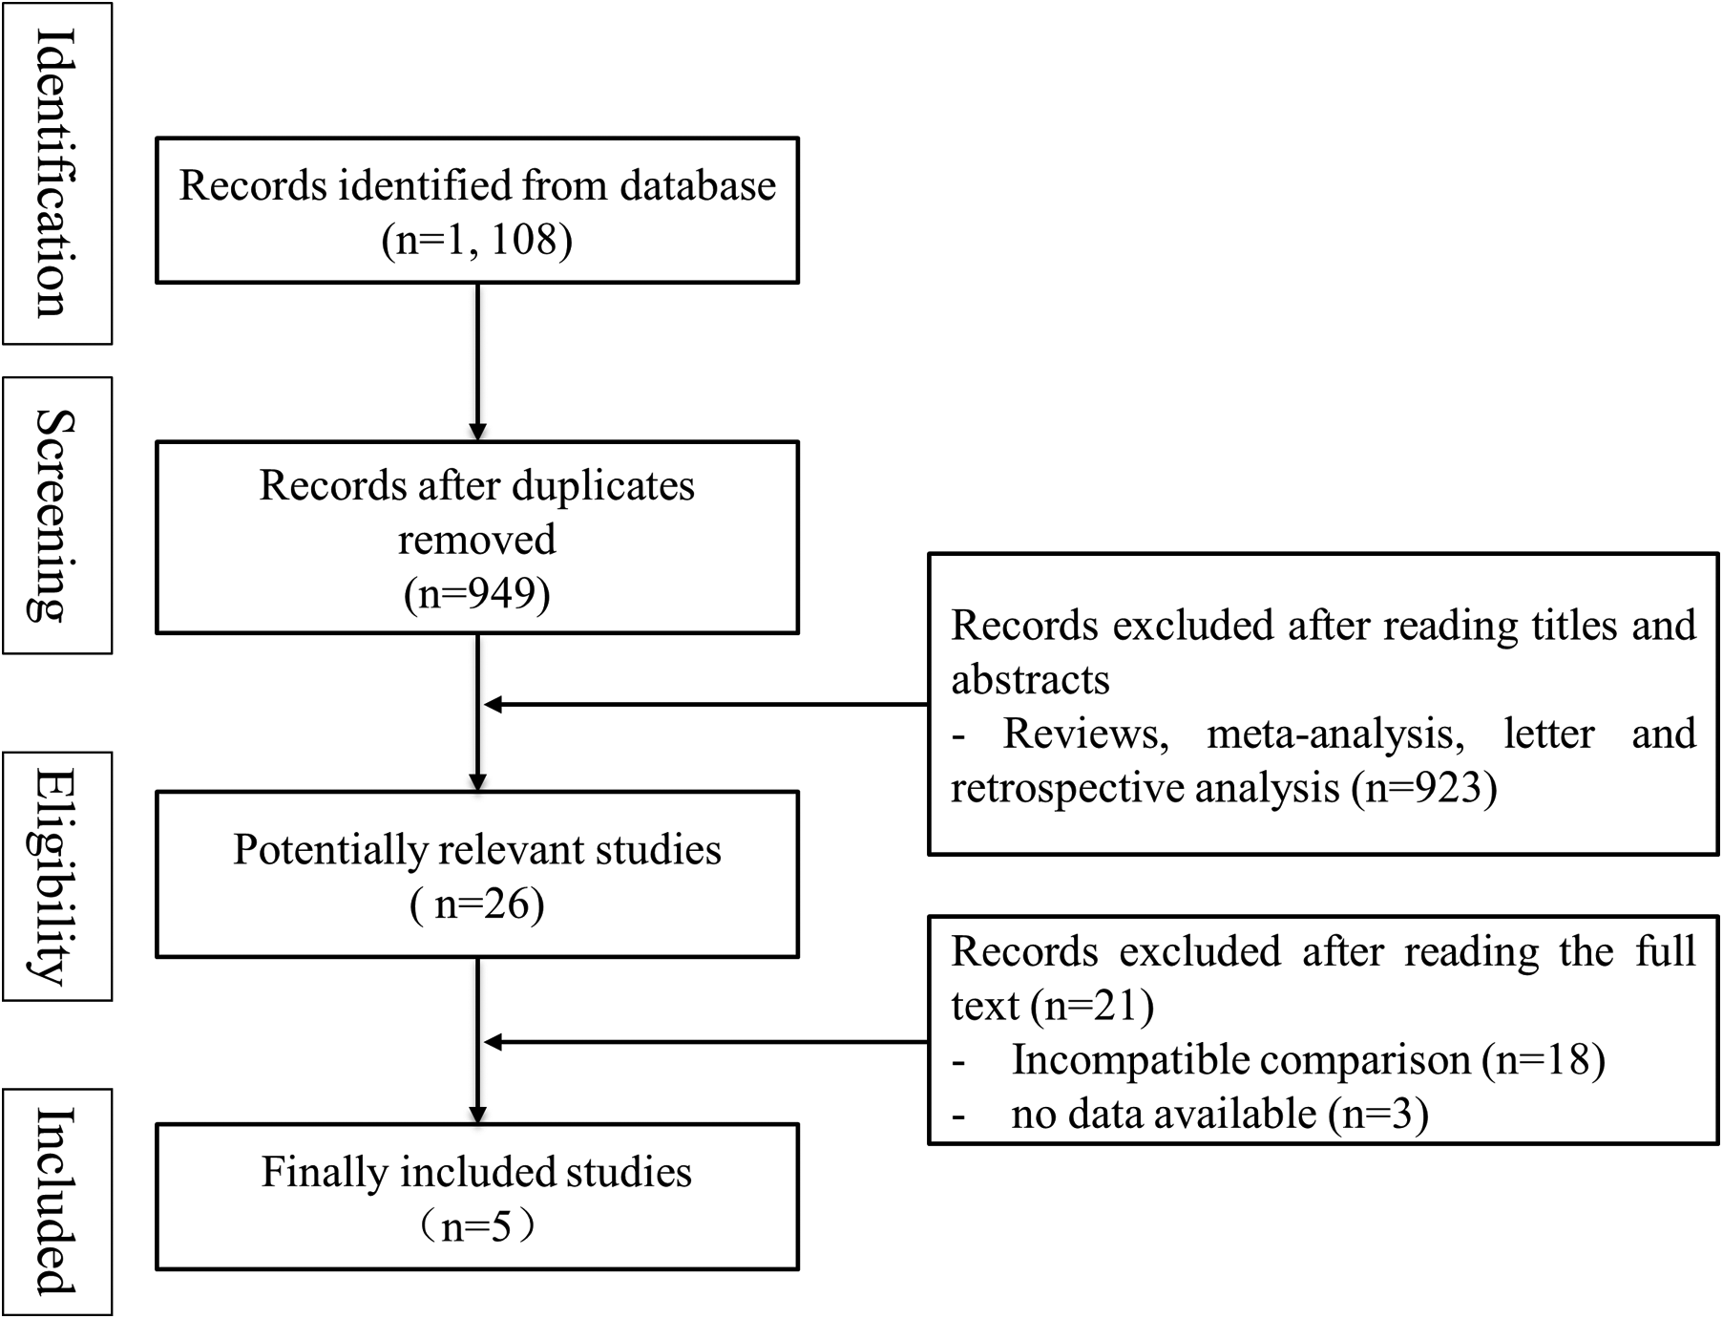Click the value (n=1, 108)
pyautogui.click(x=477, y=239)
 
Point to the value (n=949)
pyautogui.click(x=477, y=593)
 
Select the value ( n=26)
pyautogui.click(x=477, y=904)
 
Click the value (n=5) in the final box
pyautogui.click(x=477, y=1226)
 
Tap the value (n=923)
pyautogui.click(x=1424, y=788)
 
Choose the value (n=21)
pyautogui.click(x=1093, y=1006)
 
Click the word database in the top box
pyautogui.click(x=698, y=185)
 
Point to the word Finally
pyautogui.click(x=324, y=1172)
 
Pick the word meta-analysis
pyautogui.click(x=1334, y=734)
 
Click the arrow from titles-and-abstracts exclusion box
pyautogui.click(x=706, y=705)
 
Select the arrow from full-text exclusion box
pyautogui.click(x=706, y=1042)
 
